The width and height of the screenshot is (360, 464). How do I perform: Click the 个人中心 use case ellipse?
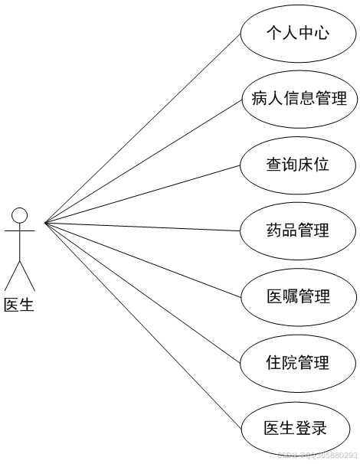pos(298,33)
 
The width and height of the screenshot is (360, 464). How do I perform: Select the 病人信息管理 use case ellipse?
pos(299,99)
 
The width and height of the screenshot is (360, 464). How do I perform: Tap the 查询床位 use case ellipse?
pos(298,165)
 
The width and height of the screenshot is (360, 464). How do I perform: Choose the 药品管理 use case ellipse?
pos(298,230)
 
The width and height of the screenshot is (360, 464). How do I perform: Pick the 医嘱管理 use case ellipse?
pos(298,296)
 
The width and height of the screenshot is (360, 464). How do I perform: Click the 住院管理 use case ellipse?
pos(298,362)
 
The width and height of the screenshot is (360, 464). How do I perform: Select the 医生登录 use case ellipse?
pos(298,428)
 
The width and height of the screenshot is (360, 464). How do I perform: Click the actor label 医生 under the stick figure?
pos(19,305)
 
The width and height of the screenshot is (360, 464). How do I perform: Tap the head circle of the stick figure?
pos(20,214)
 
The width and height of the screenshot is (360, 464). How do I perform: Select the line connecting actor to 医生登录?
pos(146,325)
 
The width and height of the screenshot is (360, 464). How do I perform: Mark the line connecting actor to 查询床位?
pos(146,194)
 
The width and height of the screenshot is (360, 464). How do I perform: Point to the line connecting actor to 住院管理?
pos(146,292)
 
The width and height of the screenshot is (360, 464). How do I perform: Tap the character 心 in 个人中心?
pos(322,33)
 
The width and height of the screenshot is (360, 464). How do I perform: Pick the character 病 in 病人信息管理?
pos(259,99)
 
